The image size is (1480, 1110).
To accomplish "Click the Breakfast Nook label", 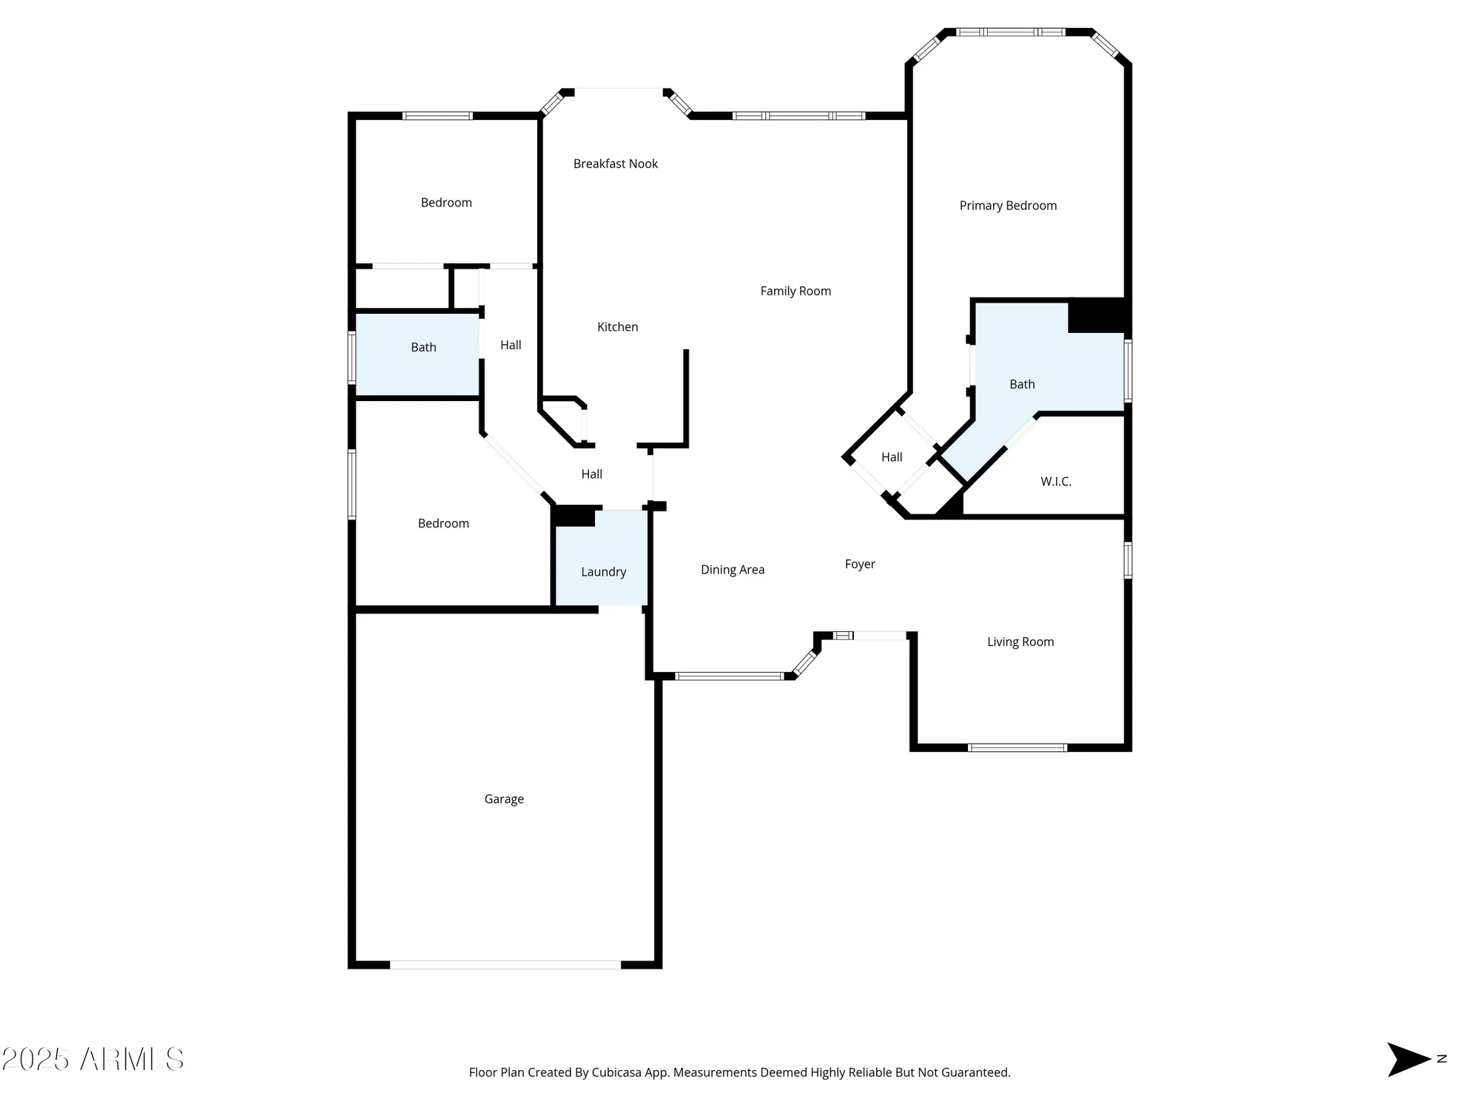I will pos(615,164).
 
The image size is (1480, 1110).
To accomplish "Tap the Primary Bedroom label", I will pos(1008,206).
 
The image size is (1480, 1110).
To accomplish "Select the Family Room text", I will pos(795,291).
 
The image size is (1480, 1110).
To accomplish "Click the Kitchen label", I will pos(617,326).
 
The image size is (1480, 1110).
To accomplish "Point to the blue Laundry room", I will pos(603,562).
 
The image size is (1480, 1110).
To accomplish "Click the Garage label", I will pos(504,798).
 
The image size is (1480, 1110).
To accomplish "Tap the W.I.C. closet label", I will pos(1055,481).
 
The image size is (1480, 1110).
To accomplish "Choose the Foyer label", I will pos(860,564).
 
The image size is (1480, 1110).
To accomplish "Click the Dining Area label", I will pos(733,569).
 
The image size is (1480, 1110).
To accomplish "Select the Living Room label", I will pos(1020,642).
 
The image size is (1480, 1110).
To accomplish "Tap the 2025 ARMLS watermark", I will pos(92,1059).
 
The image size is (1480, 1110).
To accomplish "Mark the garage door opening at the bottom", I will pos(505,964).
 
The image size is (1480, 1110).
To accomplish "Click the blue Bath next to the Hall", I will pos(418,355).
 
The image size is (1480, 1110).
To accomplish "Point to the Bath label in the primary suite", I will pos(1022,384).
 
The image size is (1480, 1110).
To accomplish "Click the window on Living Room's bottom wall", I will pos(1017,747).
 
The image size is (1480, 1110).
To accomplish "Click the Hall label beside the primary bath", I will pos(892,457).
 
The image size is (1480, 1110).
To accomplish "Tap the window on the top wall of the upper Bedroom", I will pos(437,115).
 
